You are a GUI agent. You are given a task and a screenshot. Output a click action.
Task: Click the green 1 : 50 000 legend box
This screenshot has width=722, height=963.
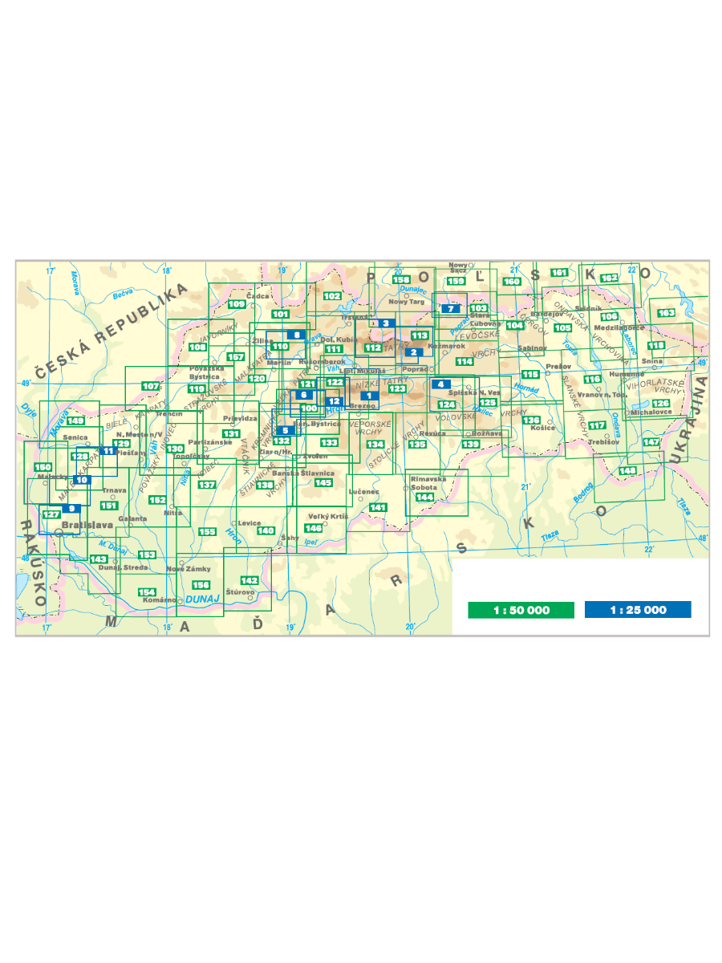click(x=521, y=610)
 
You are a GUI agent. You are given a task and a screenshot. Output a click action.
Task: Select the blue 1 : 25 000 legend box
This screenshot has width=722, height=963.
click(x=638, y=610)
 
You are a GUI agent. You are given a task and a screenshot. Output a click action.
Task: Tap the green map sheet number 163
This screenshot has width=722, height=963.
click(x=667, y=313)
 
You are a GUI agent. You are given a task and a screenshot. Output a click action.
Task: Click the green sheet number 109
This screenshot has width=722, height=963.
click(x=236, y=304)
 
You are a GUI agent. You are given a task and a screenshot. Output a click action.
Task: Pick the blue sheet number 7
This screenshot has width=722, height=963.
click(x=452, y=308)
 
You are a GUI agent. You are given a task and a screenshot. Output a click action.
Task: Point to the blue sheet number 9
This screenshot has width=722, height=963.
click(x=72, y=508)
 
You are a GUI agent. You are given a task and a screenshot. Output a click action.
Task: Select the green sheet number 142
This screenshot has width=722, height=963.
click(x=249, y=580)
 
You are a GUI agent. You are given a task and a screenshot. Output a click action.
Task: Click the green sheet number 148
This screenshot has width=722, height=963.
click(x=627, y=470)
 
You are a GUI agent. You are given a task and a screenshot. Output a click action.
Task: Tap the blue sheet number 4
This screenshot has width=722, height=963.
click(x=440, y=384)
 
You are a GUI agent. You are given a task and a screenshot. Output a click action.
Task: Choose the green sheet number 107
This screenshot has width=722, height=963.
click(x=150, y=386)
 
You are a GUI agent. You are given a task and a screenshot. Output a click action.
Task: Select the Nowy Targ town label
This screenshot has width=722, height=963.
click(x=405, y=302)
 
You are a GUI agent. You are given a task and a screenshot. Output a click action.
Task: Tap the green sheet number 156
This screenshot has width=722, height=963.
click(x=201, y=584)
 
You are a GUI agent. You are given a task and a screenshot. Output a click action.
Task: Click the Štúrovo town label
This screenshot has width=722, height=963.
click(x=240, y=592)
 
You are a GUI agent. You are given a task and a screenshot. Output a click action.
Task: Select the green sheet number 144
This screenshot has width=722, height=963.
click(x=425, y=498)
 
